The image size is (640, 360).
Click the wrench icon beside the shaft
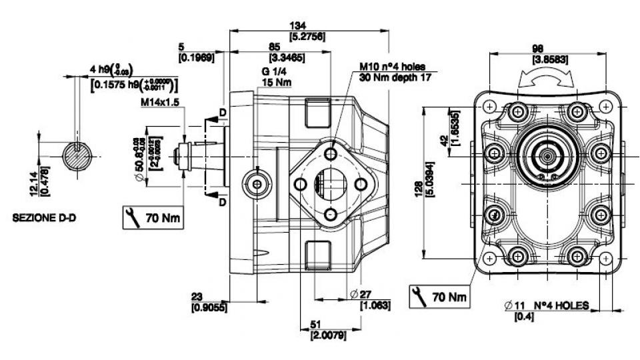coord(132,217)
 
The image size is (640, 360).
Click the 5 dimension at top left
coord(181,47)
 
